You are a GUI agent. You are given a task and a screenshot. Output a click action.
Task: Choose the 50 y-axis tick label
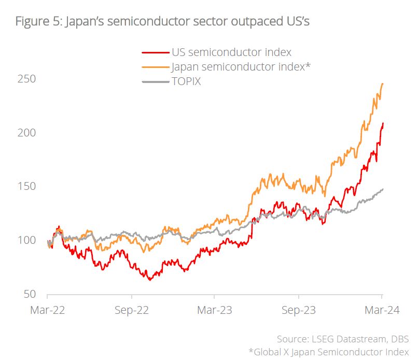pyautogui.click(x=28, y=294)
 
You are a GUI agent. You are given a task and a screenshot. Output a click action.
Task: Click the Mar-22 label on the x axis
pyautogui.click(x=47, y=311)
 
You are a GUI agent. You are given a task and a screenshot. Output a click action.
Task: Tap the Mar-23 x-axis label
pyautogui.click(x=215, y=311)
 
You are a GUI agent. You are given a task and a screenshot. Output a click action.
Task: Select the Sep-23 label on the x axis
pyautogui.click(x=298, y=311)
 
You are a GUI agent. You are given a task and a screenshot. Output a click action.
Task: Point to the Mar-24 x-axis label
pyautogui.click(x=382, y=311)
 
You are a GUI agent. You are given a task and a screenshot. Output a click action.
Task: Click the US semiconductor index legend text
pyautogui.click(x=231, y=52)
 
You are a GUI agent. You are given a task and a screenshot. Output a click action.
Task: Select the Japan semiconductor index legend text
pyautogui.click(x=241, y=66)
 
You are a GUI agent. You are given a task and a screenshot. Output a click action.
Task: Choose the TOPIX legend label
pyautogui.click(x=186, y=81)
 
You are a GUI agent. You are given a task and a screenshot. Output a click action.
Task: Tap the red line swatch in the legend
pyautogui.click(x=155, y=52)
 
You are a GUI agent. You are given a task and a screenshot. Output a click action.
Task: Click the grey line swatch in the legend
pyautogui.click(x=155, y=81)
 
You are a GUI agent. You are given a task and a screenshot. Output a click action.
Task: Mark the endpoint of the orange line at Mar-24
pyautogui.click(x=383, y=83)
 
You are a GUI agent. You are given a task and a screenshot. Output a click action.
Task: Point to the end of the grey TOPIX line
pyautogui.click(x=383, y=189)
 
